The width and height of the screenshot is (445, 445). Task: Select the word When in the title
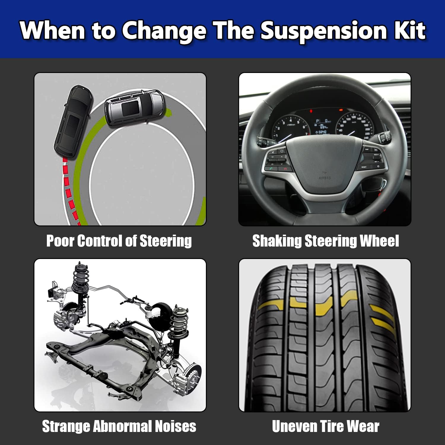click(x=53, y=31)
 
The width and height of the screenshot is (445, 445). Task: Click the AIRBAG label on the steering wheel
click(x=325, y=178)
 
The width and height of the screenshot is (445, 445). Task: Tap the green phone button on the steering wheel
click(x=271, y=169)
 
